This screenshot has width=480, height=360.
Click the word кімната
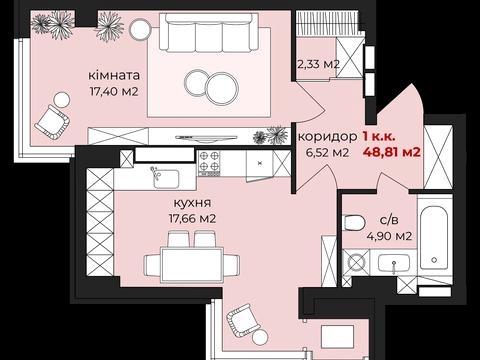pos(113,75)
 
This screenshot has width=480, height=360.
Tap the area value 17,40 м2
pos(112,91)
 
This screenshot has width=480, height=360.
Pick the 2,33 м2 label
pos(320,66)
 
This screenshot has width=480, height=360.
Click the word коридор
pos(327,136)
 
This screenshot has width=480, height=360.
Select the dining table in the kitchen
pos(191,263)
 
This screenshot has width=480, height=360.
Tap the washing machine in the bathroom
pos(355,263)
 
